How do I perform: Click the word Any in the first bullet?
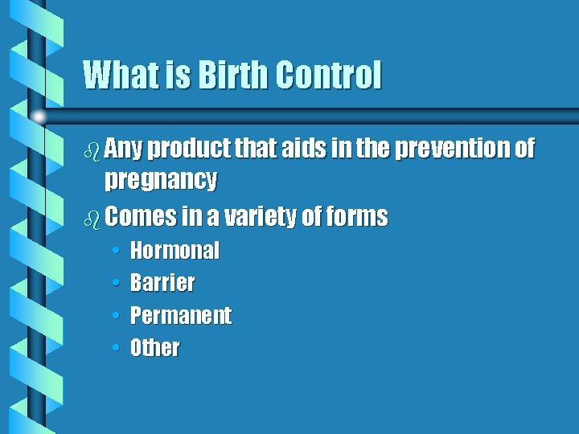[x=124, y=149]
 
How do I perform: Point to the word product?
[x=187, y=149]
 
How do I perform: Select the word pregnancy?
[x=161, y=180]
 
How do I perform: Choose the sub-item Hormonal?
[x=175, y=251]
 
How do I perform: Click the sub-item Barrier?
[x=162, y=283]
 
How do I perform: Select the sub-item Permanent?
[x=181, y=315]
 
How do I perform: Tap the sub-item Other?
[x=155, y=348]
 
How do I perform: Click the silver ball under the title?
[x=38, y=117]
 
